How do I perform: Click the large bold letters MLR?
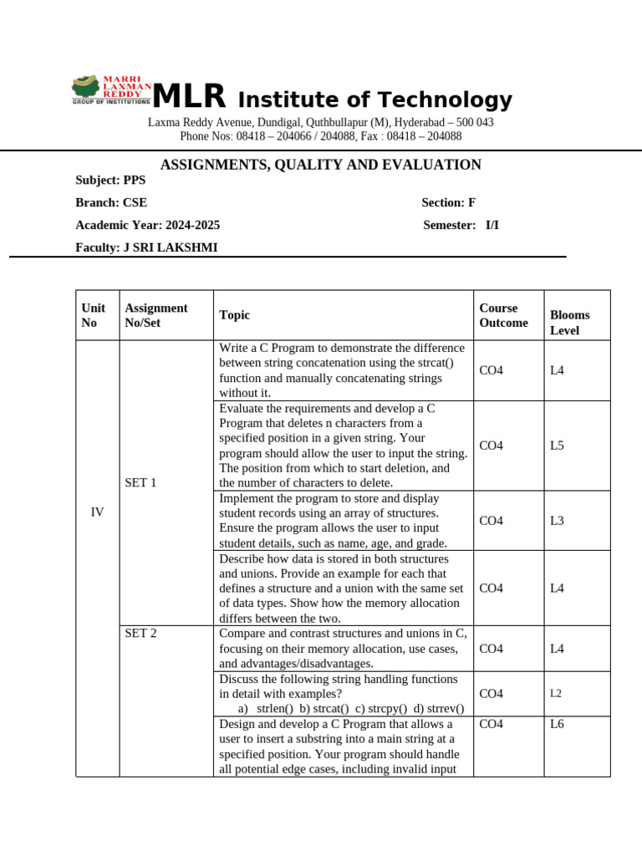[189, 98]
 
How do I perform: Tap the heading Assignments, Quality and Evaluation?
[320, 165]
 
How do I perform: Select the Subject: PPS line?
[110, 180]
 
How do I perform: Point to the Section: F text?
[448, 202]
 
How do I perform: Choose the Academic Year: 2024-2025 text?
[148, 225]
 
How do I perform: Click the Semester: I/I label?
[461, 225]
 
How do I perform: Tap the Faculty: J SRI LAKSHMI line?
[146, 247]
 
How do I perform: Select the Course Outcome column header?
[503, 315]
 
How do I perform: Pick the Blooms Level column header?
[570, 323]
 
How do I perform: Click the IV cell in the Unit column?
[97, 512]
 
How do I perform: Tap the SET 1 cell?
[140, 482]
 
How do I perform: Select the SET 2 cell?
[140, 633]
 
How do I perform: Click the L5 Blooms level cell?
[557, 446]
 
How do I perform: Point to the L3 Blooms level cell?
[557, 521]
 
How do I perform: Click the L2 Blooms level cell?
[556, 694]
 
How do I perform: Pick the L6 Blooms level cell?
[557, 724]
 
